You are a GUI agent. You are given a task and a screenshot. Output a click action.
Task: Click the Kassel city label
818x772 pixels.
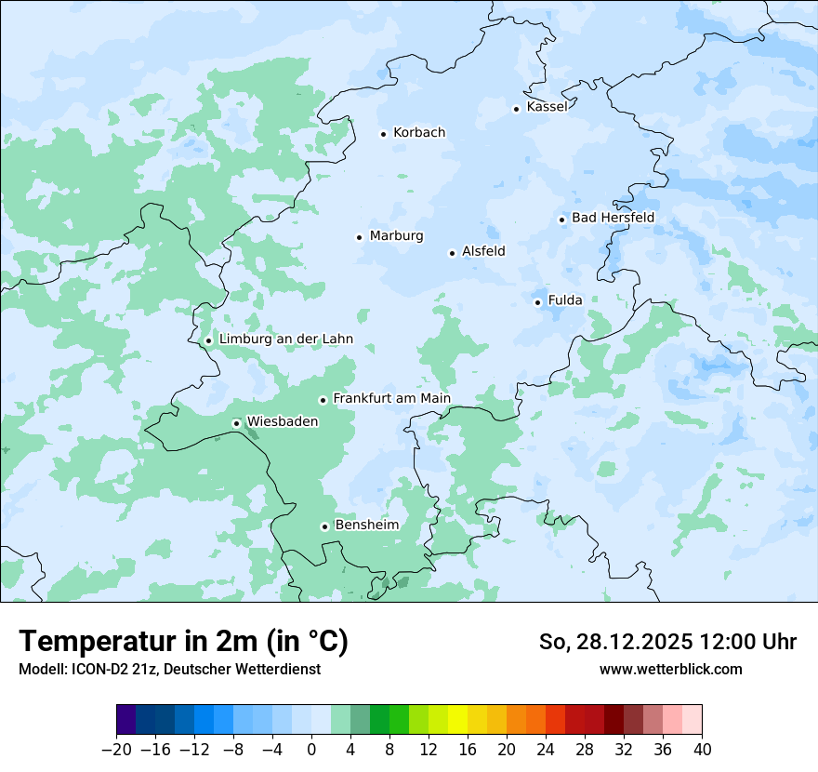[547, 107]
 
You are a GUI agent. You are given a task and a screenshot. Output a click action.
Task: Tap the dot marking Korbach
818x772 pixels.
[383, 134]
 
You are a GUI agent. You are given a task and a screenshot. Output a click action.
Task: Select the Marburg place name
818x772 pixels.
[396, 236]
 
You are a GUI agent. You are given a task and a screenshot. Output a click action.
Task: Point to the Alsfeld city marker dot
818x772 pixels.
[452, 253]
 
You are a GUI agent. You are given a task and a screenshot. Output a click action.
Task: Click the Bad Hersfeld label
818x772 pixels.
[613, 218]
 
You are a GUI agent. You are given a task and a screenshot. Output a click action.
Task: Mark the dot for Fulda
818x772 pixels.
[537, 302]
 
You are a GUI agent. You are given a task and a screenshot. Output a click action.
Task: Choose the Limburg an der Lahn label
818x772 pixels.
[285, 339]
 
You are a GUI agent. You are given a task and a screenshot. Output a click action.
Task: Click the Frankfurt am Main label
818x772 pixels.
[391, 399]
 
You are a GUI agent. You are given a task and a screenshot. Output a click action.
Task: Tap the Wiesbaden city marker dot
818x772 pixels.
[237, 424]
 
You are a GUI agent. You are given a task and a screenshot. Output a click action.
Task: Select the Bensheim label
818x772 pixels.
[366, 526]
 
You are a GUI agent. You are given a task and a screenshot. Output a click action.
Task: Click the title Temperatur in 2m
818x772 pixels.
[183, 641]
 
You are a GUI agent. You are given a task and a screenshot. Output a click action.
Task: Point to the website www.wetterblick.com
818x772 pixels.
[670, 669]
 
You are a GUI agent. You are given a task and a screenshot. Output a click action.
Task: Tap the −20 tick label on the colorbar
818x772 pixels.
[116, 750]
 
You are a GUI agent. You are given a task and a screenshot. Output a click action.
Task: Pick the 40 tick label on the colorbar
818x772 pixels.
[702, 750]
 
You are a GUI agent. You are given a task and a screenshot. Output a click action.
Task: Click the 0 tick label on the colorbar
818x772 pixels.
[311, 750]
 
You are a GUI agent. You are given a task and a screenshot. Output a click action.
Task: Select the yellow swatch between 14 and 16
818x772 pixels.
[457, 720]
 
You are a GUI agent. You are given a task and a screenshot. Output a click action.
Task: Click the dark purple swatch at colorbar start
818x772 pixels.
[126, 720]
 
